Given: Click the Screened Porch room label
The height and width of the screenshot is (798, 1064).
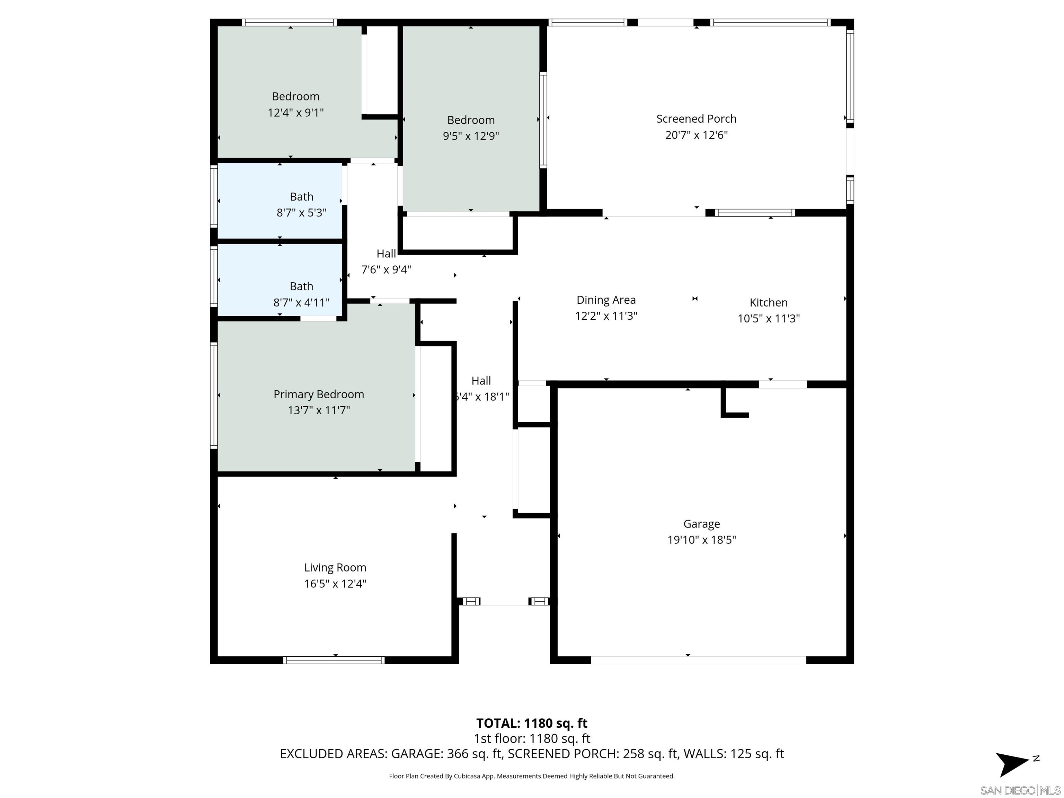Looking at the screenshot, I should [x=696, y=119].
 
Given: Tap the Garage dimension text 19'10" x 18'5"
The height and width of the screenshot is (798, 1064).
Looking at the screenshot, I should [x=701, y=540].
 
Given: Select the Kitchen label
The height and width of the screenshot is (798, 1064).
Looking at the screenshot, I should [x=768, y=303].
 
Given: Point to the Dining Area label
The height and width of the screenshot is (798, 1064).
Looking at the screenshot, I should [x=606, y=300].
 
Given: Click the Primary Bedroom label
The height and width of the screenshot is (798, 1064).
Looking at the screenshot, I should [x=318, y=394].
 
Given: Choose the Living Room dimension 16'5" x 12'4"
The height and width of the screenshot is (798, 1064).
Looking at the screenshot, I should [x=335, y=584].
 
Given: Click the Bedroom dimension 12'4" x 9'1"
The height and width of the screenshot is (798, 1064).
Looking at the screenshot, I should [x=295, y=113].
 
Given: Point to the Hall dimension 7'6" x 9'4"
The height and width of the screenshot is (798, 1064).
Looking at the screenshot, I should [x=386, y=270].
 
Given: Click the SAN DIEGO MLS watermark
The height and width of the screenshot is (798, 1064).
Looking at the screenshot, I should [x=1020, y=790].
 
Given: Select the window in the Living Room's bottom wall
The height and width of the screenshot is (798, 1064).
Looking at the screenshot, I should [x=334, y=660].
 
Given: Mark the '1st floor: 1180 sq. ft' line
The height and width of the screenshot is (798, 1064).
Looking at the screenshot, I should [x=532, y=738].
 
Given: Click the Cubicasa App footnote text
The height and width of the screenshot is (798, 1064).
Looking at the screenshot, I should [x=532, y=776].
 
